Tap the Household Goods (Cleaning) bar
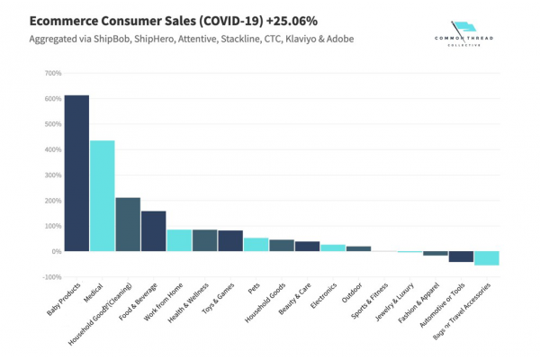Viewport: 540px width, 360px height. pos(128,224)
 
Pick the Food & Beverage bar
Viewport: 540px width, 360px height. pos(153,231)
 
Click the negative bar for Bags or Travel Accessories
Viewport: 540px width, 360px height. pos(487,258)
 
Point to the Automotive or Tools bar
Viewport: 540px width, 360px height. pos(461,256)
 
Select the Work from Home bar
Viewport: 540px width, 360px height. pos(179,240)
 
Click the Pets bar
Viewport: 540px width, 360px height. pos(256,244)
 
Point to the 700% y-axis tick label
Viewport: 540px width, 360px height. pos(51,73)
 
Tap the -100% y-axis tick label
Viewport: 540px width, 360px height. pos(50,277)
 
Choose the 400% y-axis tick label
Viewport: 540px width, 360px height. pos(51,149)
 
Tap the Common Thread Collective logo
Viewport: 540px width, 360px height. pos(464,37)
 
